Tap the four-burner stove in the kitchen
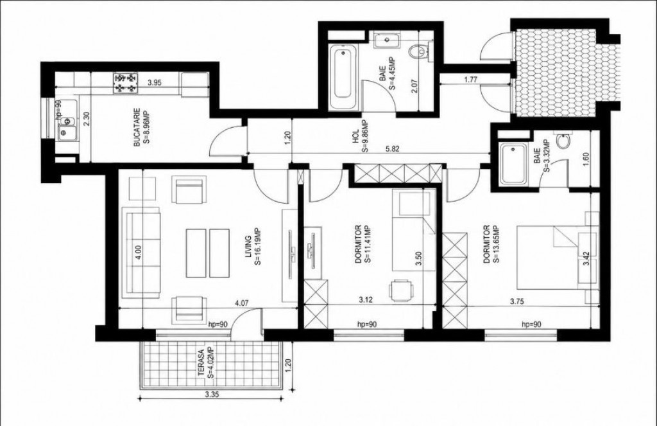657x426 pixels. pos(125,83)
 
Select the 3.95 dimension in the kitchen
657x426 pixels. pos(155,83)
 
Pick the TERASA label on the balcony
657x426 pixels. pos(201,364)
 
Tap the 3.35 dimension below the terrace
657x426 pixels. pos(212,394)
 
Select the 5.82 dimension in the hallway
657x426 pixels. pos(393,148)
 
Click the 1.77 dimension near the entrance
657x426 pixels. pos(472,79)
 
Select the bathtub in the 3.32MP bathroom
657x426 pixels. pos(513,163)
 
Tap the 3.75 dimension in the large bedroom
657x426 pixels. pos(518,301)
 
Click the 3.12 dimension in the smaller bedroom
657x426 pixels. pos(366,299)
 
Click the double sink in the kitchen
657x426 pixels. pos(67,127)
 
